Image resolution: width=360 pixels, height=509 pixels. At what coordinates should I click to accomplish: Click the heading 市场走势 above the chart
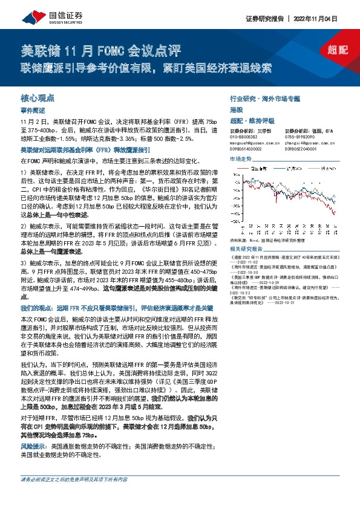(240, 158)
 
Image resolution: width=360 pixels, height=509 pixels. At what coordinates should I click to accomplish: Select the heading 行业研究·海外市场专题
(264, 97)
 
